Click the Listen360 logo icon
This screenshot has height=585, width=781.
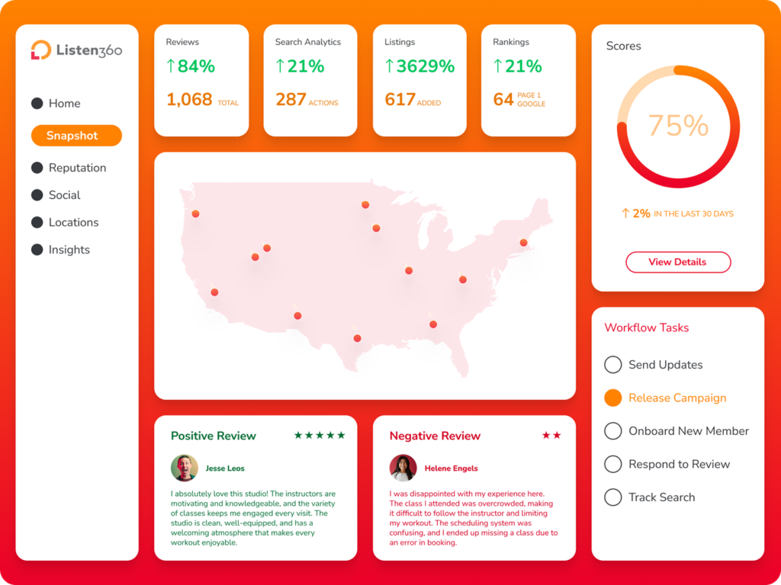coord(40,50)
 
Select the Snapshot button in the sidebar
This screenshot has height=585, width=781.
coord(76,136)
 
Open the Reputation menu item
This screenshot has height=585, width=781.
coord(77,168)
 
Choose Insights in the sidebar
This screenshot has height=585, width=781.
coord(69,250)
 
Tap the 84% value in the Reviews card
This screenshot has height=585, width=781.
coord(196,66)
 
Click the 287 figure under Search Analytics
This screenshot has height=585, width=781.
coord(291,100)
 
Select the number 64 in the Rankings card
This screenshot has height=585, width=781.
coord(503,100)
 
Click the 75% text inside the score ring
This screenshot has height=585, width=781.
coord(678,126)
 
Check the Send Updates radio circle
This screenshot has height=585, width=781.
coord(613,365)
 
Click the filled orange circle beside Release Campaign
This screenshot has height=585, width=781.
coord(613,398)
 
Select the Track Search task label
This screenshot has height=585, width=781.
coord(661,497)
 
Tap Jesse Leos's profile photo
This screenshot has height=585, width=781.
coord(185,468)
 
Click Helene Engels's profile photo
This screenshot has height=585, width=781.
coord(403,468)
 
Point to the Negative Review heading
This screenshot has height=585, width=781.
coord(435,436)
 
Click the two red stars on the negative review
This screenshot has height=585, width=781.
coord(551,436)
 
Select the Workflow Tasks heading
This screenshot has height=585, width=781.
coord(646,328)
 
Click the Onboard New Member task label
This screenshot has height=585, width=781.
coord(689,431)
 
